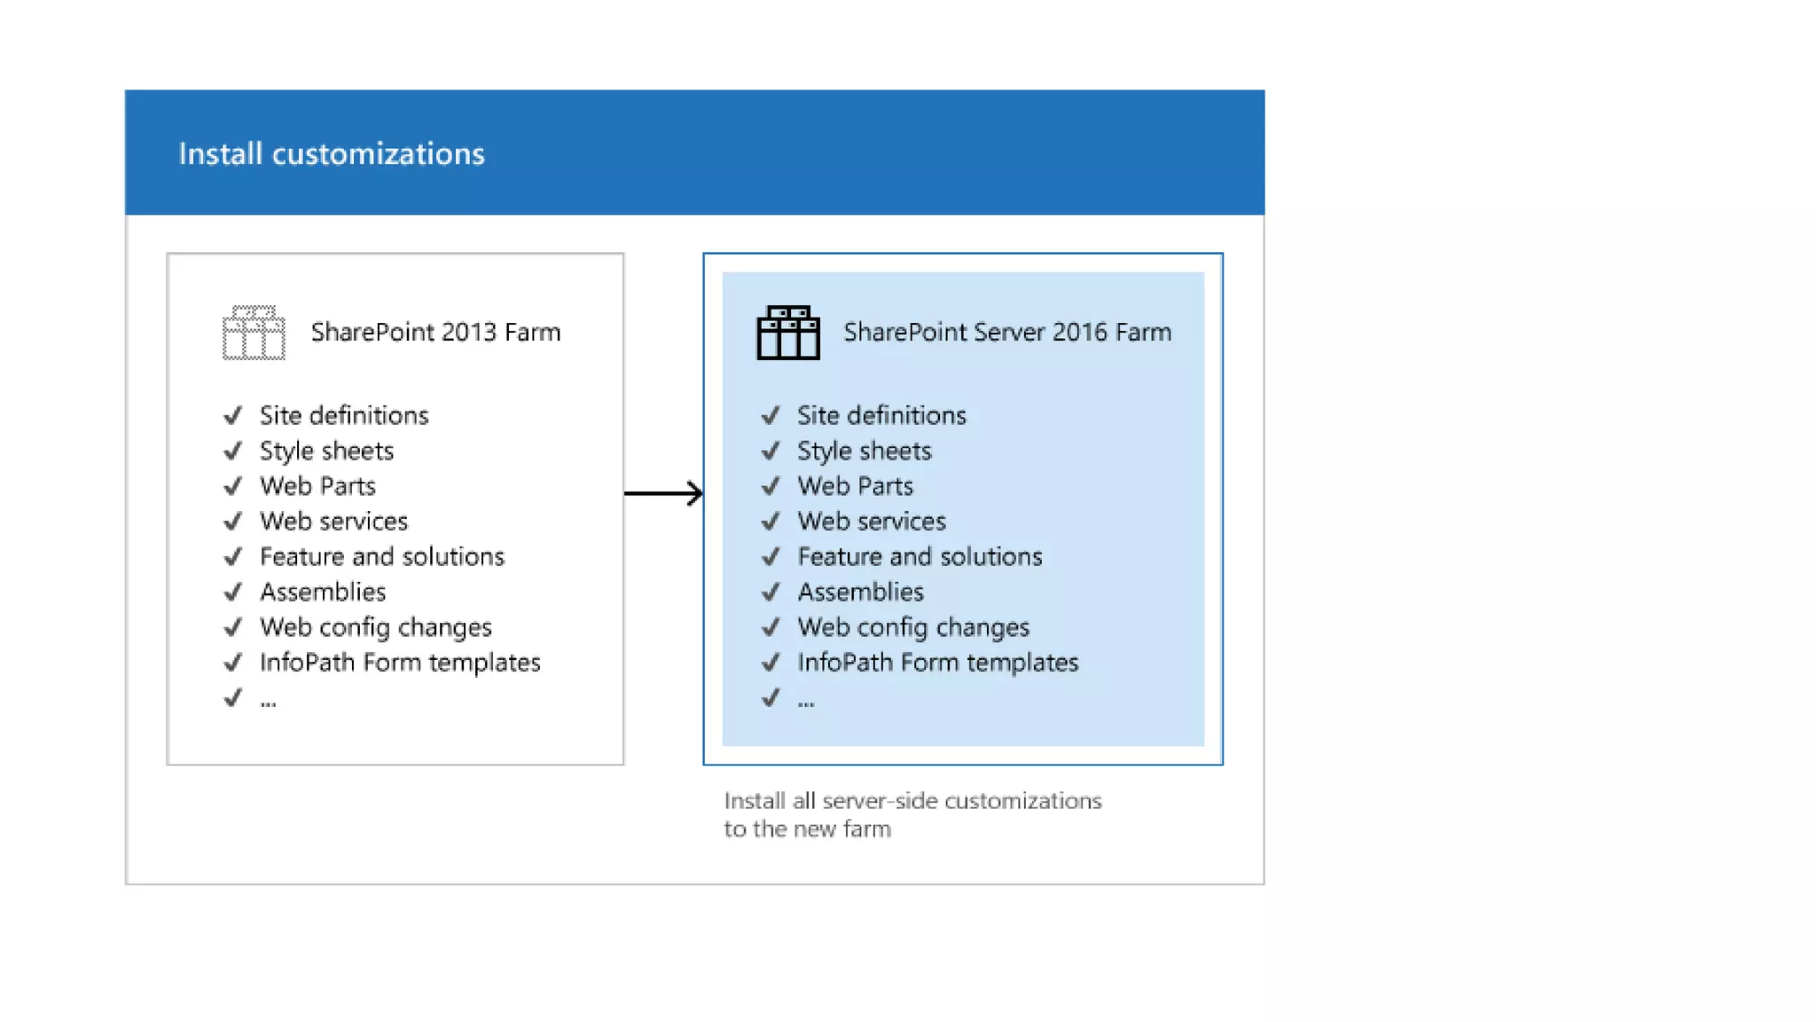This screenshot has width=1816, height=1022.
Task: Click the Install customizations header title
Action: (332, 153)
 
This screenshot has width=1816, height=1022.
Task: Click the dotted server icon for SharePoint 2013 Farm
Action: (254, 333)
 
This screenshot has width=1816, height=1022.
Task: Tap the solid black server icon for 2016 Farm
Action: (787, 333)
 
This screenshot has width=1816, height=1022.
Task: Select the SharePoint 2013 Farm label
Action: (435, 332)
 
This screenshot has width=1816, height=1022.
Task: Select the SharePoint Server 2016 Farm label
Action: (1006, 332)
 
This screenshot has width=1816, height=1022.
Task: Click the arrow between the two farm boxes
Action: (663, 492)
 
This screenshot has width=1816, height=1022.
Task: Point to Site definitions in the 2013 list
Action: (344, 415)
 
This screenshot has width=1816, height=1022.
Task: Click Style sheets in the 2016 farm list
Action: (864, 451)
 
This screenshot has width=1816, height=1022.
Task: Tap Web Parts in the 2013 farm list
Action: (317, 486)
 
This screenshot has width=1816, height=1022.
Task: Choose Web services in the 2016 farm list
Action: (871, 521)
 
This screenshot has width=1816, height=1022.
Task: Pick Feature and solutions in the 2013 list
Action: (381, 556)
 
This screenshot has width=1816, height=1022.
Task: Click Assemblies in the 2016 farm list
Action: (860, 592)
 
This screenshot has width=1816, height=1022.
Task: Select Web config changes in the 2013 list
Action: (375, 627)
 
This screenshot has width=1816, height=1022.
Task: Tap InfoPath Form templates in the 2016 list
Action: (937, 663)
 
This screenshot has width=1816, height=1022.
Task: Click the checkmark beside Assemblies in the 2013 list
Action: (233, 592)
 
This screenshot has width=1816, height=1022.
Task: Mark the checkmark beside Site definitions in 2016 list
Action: (771, 415)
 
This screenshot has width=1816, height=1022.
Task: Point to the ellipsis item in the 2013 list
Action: (268, 701)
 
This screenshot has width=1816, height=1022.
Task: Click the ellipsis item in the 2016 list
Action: (805, 701)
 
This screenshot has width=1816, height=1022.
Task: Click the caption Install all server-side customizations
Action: (912, 801)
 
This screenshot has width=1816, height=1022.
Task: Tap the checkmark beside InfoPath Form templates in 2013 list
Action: (233, 663)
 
